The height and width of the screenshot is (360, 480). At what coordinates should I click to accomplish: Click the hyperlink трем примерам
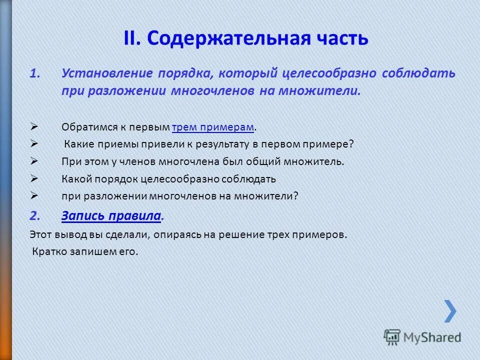click(x=212, y=127)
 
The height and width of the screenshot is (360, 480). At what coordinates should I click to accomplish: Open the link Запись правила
click(x=111, y=216)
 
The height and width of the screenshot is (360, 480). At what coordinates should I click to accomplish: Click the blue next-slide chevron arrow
click(x=450, y=311)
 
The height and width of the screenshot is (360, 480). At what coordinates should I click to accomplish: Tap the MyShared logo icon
click(x=392, y=337)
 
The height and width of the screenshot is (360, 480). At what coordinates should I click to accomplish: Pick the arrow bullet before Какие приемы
click(x=34, y=144)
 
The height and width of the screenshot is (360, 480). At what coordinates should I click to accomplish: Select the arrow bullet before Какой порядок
click(x=34, y=178)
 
